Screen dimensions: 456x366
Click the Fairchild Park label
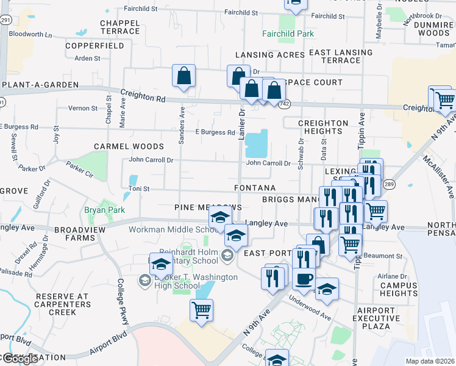(x=288, y=34)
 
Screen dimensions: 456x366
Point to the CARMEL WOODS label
(x=129, y=146)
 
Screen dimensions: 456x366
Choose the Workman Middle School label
(x=169, y=229)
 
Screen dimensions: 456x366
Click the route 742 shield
(x=285, y=105)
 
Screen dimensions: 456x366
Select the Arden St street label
(x=87, y=59)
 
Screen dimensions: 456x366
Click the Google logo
(x=20, y=359)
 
